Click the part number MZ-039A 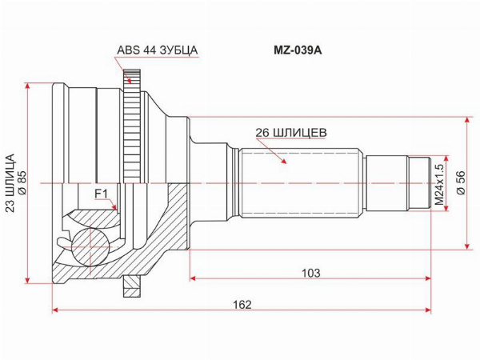[298, 50]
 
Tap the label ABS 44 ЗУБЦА [158, 50]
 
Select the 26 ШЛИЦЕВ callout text [291, 133]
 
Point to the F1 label [101, 194]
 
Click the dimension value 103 [310, 273]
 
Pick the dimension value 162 [242, 305]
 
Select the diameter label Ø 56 [461, 182]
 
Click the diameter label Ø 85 [22, 182]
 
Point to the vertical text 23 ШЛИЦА [10, 183]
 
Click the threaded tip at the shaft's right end [420, 183]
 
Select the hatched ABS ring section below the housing [132, 286]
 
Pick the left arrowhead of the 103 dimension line [193, 278]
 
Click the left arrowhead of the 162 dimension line [55, 310]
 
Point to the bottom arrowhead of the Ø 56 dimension [467, 246]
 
